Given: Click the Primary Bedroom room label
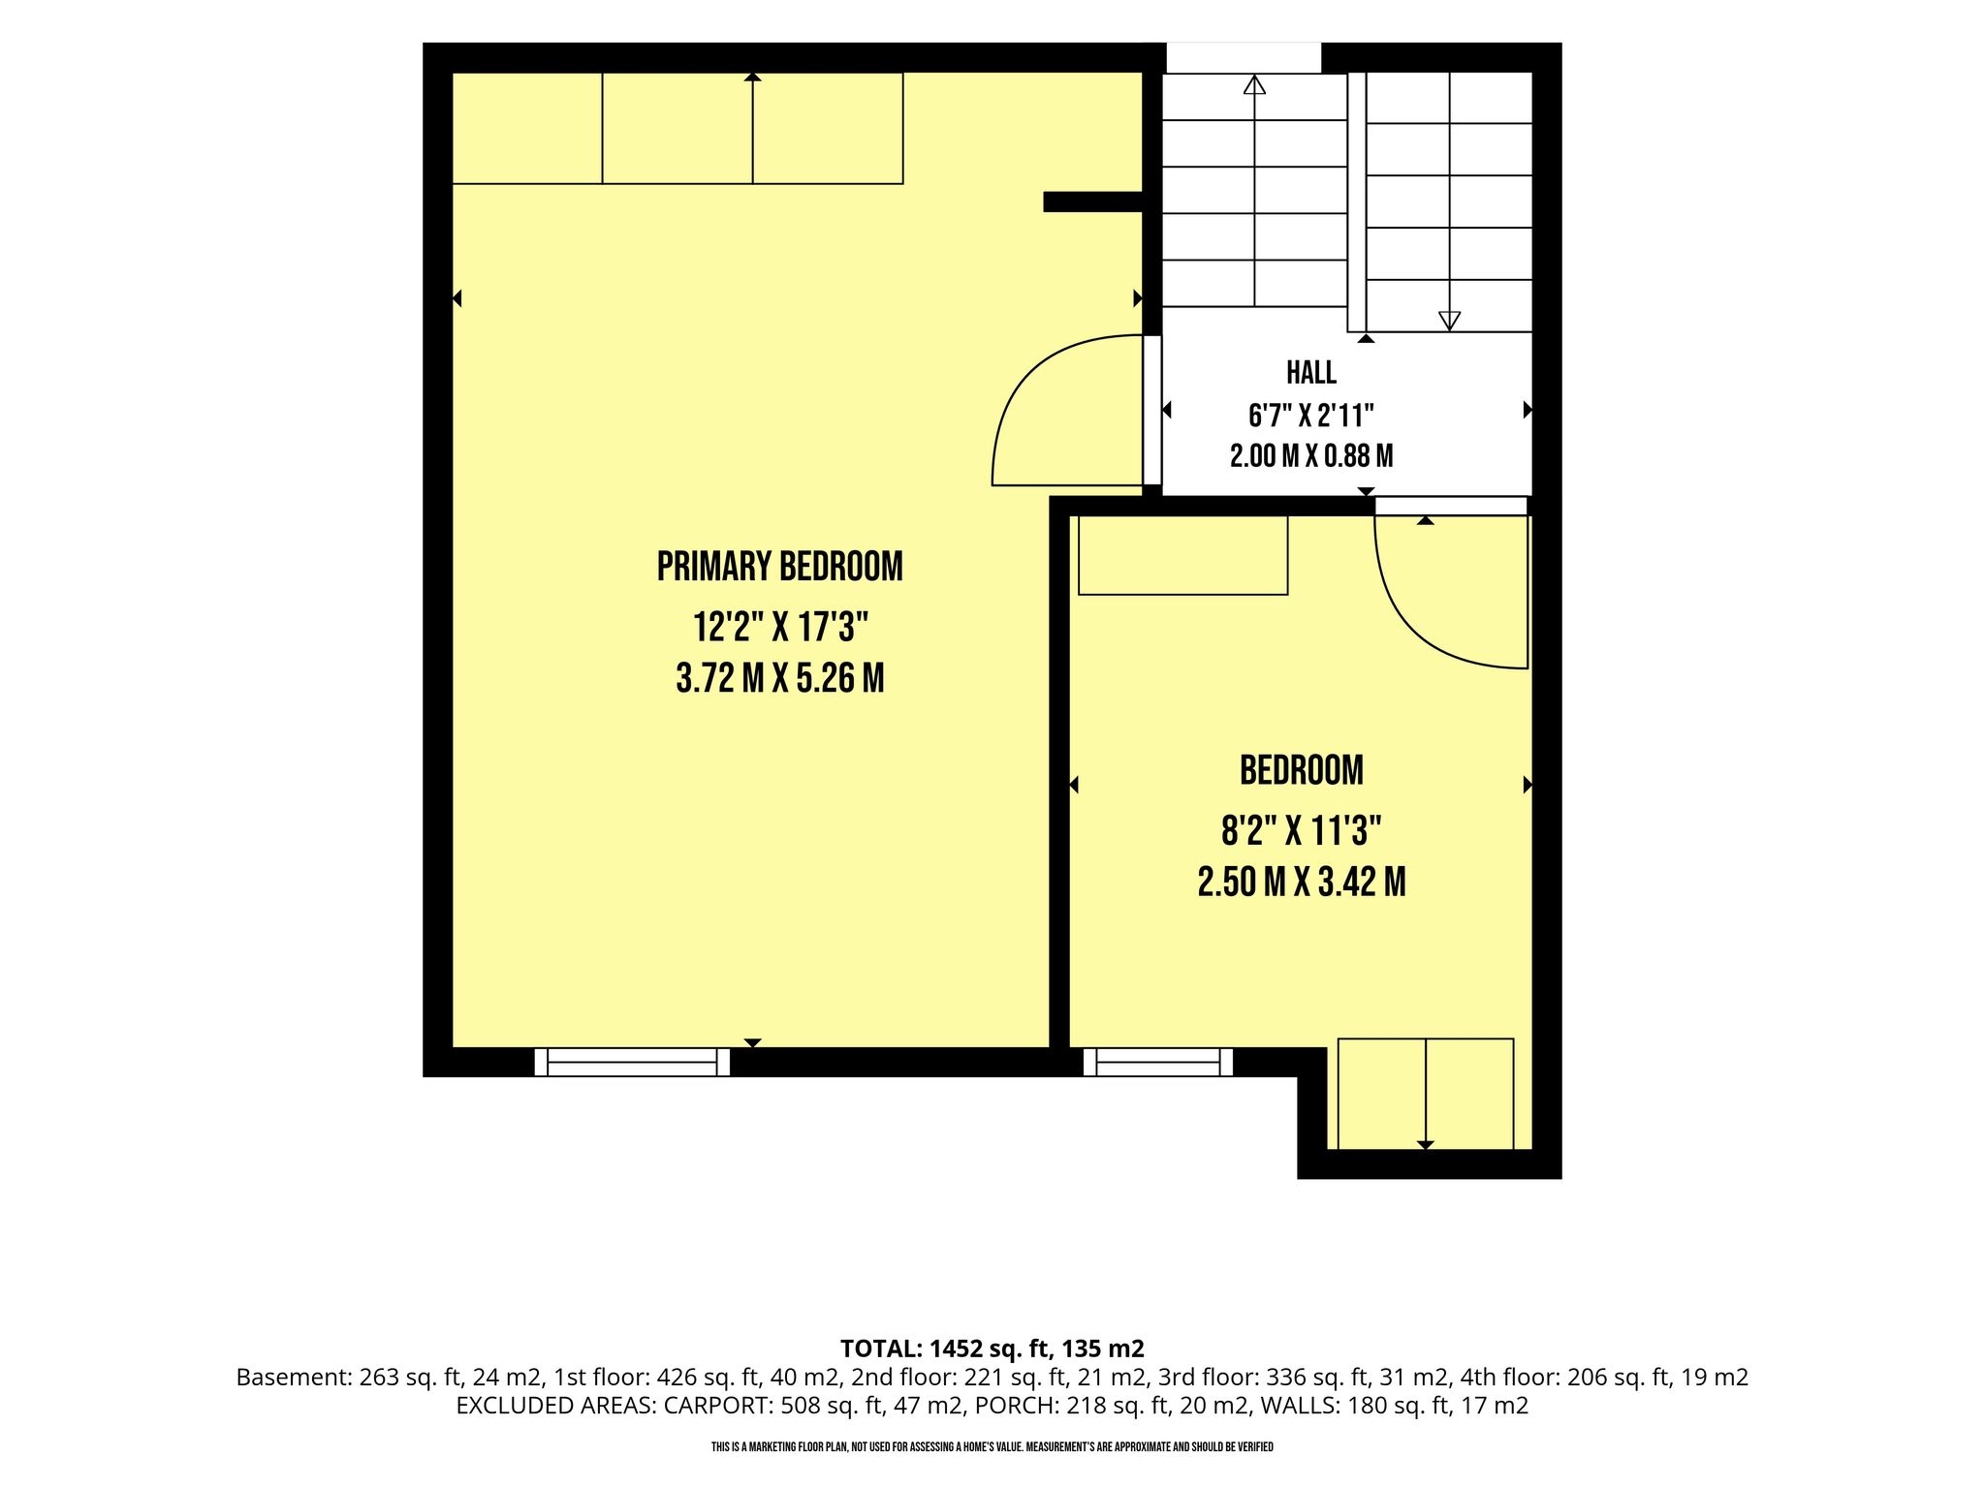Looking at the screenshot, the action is tap(779, 567).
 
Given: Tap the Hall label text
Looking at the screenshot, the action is tap(1311, 372).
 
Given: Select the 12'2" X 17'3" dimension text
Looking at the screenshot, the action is tap(779, 627).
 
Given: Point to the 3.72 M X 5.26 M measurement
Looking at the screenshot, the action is tap(779, 678).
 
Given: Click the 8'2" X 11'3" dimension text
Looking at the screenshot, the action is tap(1301, 830).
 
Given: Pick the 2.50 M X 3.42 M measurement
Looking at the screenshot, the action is tap(1301, 882).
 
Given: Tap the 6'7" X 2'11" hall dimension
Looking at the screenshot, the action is tap(1311, 416).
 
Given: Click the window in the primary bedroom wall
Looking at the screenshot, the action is tap(632, 1062).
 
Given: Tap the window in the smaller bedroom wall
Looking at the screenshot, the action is tap(1158, 1062).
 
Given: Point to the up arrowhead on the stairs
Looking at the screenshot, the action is tap(1254, 84).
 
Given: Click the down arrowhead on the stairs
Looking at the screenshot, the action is tap(1449, 321).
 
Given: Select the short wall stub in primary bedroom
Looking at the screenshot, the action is tap(1093, 201).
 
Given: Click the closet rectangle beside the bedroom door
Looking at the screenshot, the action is tap(1182, 555).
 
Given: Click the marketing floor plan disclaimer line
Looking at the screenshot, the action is tap(992, 1447).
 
